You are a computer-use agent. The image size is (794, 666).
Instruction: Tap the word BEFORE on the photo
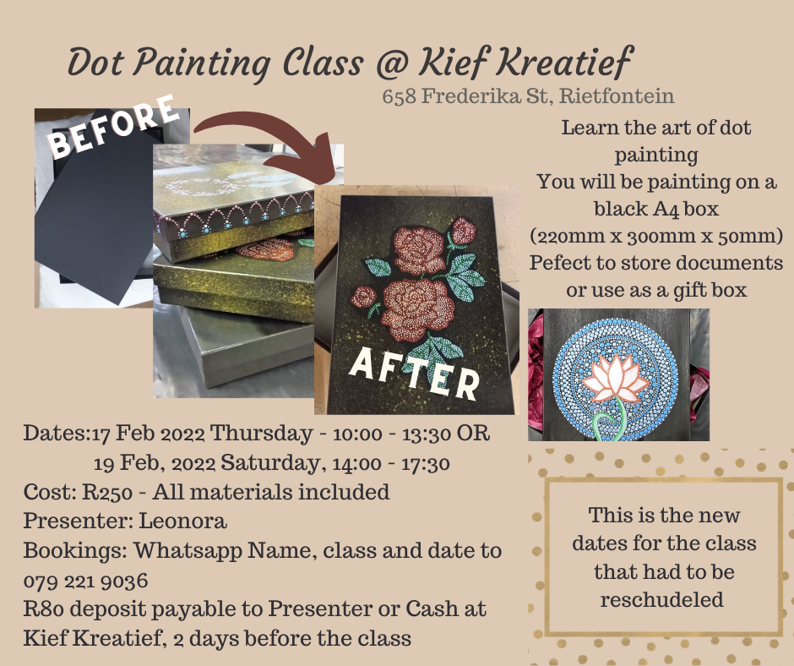113,126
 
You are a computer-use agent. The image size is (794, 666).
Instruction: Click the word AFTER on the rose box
415,373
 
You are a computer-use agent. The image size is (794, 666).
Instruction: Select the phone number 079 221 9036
85,581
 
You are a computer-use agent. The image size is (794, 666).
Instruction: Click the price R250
107,492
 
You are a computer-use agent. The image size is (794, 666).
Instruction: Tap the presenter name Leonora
182,521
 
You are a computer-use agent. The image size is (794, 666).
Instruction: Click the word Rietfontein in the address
617,96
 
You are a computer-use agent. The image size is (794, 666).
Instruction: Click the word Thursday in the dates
261,434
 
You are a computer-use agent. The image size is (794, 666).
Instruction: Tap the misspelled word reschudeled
662,600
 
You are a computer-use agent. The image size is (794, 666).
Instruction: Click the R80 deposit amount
44,609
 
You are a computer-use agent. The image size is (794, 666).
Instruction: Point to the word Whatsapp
188,551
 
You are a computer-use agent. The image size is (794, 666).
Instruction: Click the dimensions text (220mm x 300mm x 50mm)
656,236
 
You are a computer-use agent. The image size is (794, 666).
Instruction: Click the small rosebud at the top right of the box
463,232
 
